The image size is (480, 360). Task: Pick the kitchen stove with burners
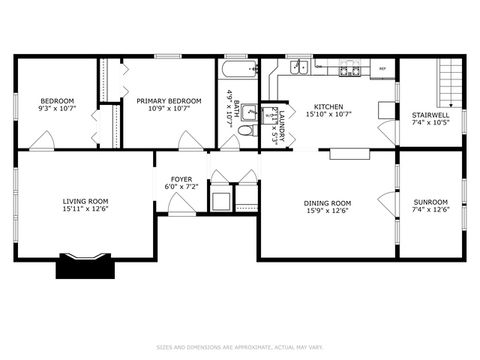(x=349, y=69)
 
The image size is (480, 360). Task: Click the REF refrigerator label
(x=382, y=69)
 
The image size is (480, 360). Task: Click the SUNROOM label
(x=431, y=202)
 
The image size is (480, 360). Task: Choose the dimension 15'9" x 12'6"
(x=327, y=210)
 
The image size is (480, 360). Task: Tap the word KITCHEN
(x=328, y=106)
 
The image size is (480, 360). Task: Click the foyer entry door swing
(x=181, y=205)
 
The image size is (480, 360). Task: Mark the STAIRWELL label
(x=431, y=115)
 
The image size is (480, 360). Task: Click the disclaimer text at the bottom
(x=240, y=347)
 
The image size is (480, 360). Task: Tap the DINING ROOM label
(x=327, y=202)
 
